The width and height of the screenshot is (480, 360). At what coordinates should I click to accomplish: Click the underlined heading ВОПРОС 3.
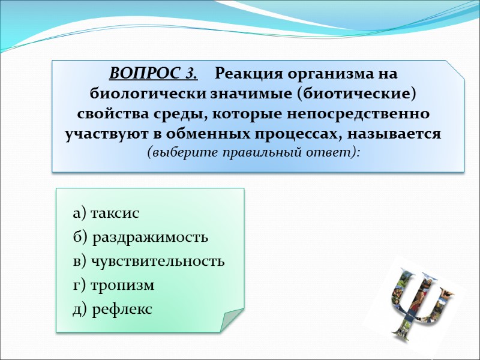[153, 74]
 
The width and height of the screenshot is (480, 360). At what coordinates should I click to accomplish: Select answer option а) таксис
[106, 214]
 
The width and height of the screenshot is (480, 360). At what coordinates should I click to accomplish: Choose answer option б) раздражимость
[140, 238]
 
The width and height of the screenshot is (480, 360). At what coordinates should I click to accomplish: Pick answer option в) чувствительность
[149, 262]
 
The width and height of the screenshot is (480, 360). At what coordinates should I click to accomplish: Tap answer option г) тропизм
[113, 286]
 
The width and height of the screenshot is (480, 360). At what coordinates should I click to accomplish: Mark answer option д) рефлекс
[112, 310]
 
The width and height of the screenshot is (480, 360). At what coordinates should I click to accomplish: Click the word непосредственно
[362, 114]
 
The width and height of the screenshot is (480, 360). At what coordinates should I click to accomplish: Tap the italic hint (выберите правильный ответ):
[253, 152]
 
